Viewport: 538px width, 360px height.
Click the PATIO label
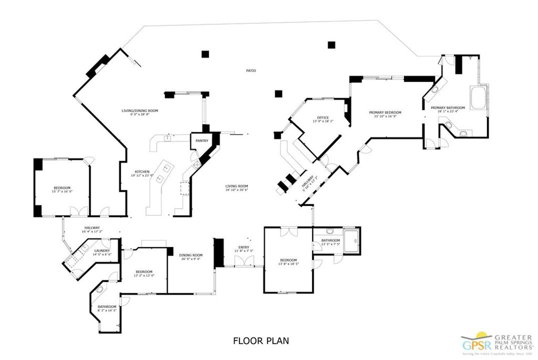pyautogui.click(x=251, y=70)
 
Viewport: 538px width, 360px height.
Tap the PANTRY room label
pyautogui.click(x=202, y=141)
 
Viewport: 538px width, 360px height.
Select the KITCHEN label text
pyautogui.click(x=142, y=172)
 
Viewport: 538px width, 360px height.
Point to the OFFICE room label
pyautogui.click(x=323, y=117)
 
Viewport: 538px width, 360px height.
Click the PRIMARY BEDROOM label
pyautogui.click(x=385, y=112)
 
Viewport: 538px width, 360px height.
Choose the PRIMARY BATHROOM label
pyautogui.click(x=448, y=108)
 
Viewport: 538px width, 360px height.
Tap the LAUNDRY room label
pyautogui.click(x=102, y=251)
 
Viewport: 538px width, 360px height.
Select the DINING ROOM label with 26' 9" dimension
pyautogui.click(x=190, y=255)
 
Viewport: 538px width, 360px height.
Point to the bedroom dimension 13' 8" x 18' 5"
pyautogui.click(x=288, y=264)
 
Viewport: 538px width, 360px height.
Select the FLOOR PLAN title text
pyautogui.click(x=261, y=341)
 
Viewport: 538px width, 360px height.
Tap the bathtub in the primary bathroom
pyautogui.click(x=479, y=98)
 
